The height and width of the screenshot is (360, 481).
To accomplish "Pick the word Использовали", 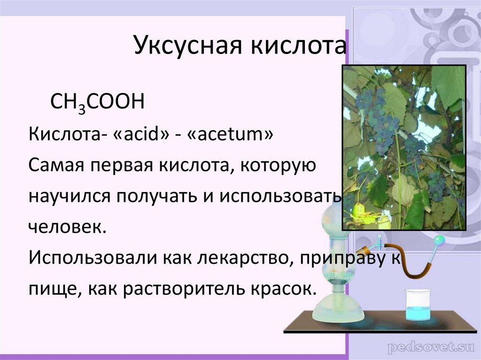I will (92, 257).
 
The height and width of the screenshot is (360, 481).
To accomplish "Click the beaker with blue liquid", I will (418, 306).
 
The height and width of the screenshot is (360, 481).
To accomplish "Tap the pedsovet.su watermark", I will (428, 348).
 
